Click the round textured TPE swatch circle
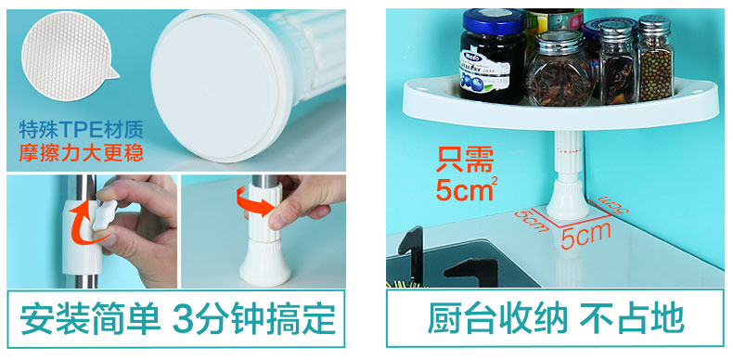(x=66, y=56)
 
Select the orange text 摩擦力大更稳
(x=81, y=153)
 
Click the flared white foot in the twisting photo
(x=265, y=264)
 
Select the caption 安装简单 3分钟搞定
(x=177, y=319)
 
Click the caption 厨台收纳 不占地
(x=556, y=319)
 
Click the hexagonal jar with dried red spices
(x=560, y=71)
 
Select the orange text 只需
(x=465, y=160)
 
